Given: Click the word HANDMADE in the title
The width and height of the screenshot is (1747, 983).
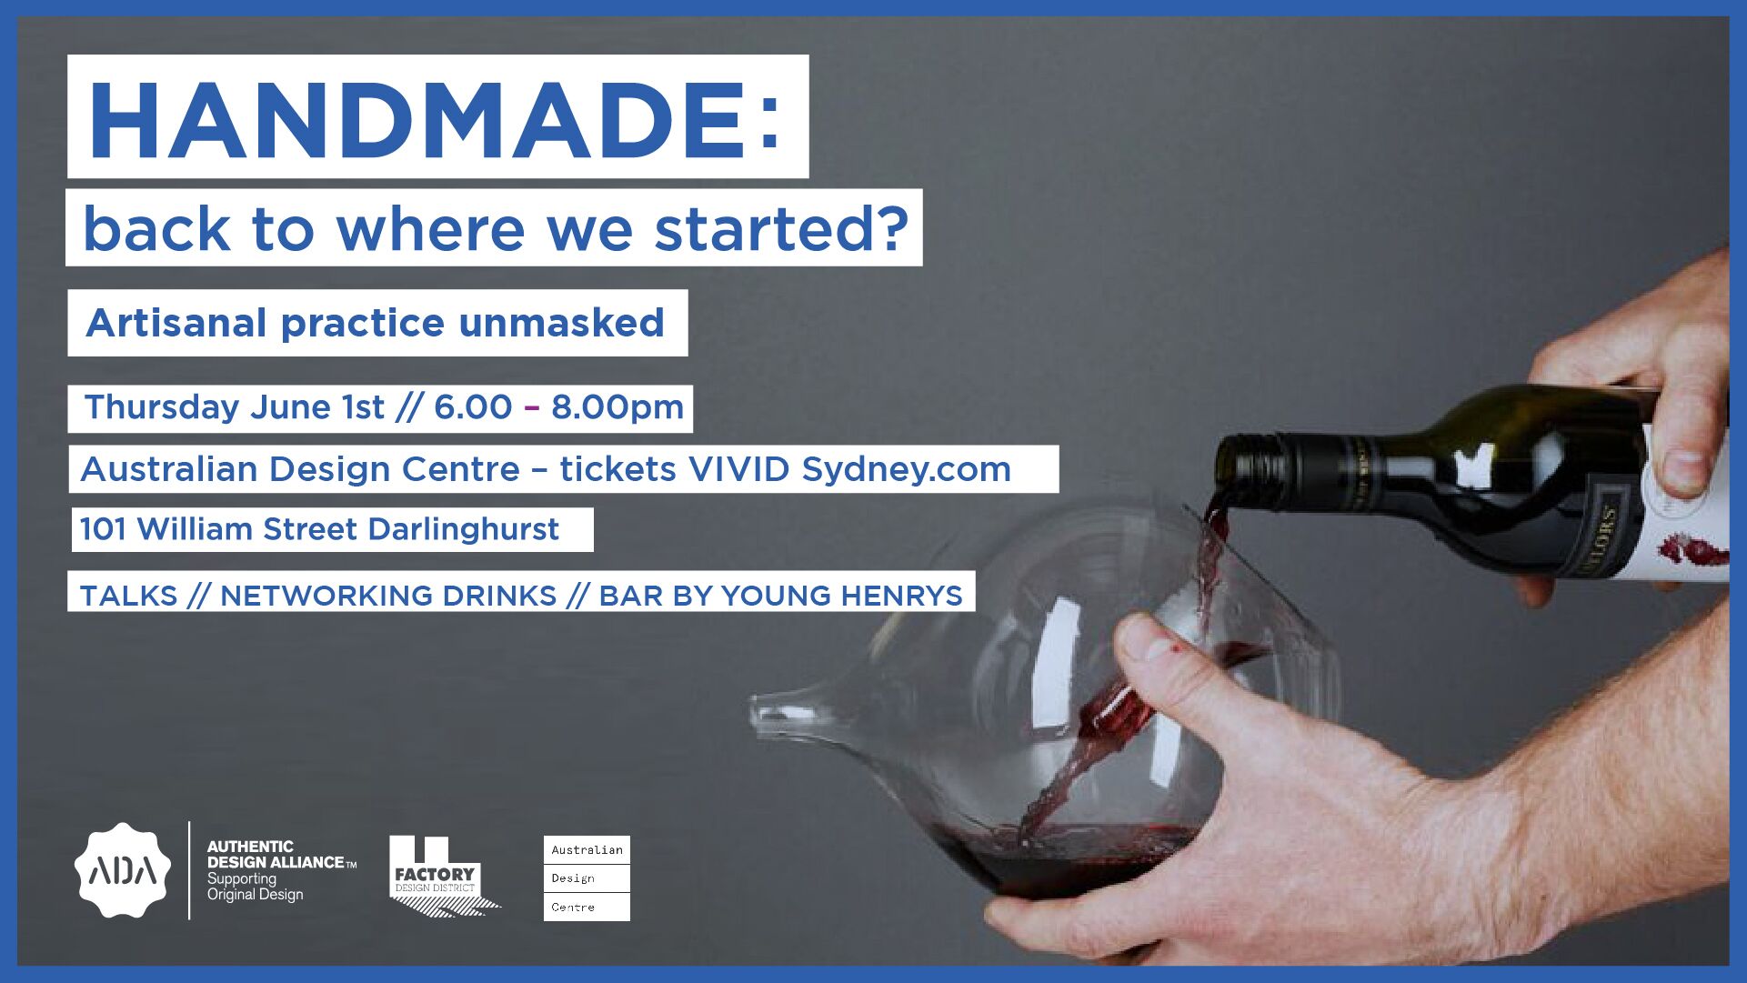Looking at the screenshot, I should (x=418, y=121).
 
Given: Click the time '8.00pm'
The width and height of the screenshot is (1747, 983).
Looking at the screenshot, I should (x=617, y=407).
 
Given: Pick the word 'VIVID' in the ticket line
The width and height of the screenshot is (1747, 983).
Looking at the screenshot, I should (x=738, y=469).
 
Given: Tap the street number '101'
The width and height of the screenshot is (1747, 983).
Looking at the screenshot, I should (x=103, y=529).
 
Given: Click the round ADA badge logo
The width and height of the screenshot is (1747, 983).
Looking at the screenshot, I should (x=122, y=870).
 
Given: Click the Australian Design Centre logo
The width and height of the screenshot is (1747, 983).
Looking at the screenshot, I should (x=587, y=878).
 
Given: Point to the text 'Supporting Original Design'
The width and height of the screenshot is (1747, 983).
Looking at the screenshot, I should (x=255, y=887).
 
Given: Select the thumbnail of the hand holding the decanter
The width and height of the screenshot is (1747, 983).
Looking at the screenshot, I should (x=1148, y=640).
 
